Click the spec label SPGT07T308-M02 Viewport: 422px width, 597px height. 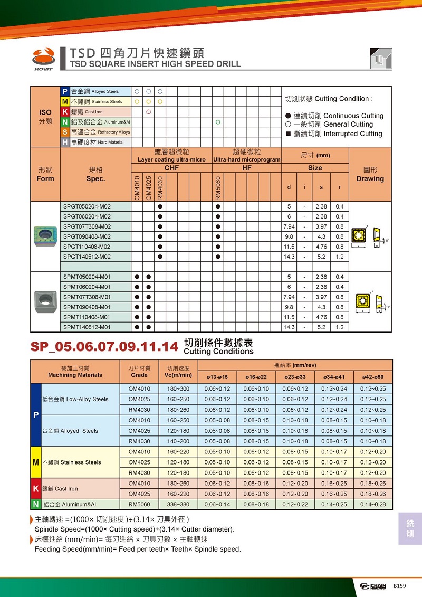coord(87,226)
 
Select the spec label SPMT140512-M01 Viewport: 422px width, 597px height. coord(87,327)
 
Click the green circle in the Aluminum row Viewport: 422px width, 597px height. coord(217,122)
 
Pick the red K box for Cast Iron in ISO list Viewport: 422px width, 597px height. coord(65,112)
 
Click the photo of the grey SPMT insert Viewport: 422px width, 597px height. coord(45,302)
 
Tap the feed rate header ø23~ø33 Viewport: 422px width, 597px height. coord(295,377)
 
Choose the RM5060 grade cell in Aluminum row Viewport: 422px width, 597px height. coord(139,504)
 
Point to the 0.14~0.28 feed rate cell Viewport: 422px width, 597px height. coord(373,504)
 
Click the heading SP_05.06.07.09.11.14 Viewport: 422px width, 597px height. coord(104,347)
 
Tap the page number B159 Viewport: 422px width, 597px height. coord(399,586)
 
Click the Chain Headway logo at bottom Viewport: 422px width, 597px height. coord(373,586)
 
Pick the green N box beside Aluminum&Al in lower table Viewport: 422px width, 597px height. coord(36,504)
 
